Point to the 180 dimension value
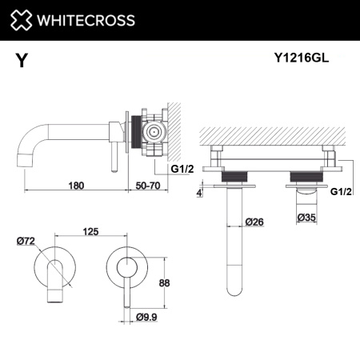pyautogui.click(x=77, y=185)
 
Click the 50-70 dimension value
pyautogui.click(x=149, y=185)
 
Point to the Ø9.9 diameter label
pyautogui.click(x=146, y=318)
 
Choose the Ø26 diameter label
pyautogui.click(x=255, y=222)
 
